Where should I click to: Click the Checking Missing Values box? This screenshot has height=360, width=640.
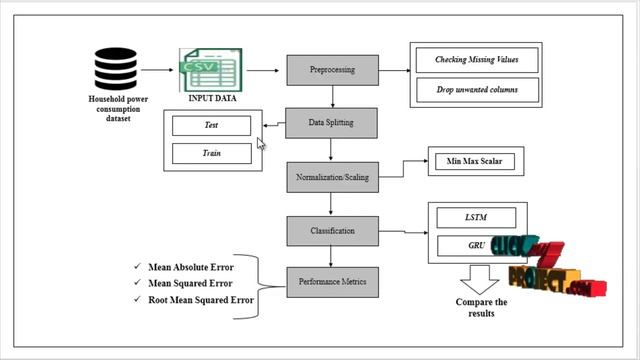point(476,60)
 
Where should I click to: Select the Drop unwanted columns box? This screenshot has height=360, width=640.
point(476,91)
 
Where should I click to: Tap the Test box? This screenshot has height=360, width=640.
point(211,126)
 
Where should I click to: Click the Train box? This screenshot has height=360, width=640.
point(211,154)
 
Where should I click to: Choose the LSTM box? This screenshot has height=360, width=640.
point(476,217)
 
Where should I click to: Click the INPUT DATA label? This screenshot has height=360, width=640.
point(213,98)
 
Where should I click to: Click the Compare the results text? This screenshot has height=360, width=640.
point(481,307)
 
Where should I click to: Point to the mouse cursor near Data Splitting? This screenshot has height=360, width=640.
point(262,143)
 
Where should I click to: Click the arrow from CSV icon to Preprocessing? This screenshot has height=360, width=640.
point(263,71)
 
